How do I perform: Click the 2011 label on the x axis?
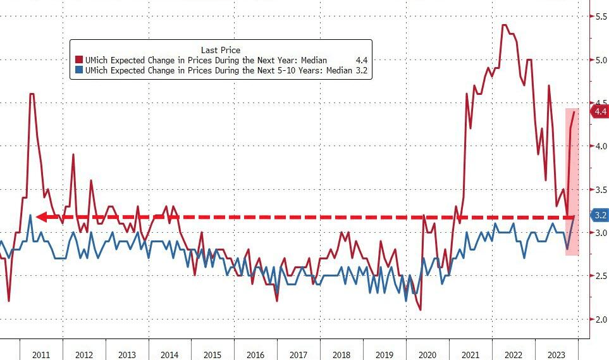point(41,354)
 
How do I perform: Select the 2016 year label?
point(255,354)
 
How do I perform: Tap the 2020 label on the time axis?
point(428,354)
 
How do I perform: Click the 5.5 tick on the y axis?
point(600,16)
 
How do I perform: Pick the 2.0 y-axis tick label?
point(600,319)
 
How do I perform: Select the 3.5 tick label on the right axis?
point(600,189)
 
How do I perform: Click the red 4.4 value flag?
point(599,112)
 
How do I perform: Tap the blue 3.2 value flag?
point(600,216)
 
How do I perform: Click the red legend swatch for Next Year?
point(78,60)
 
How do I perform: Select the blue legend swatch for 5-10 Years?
point(78,71)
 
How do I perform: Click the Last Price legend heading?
point(220,49)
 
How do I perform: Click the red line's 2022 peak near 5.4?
point(504,25)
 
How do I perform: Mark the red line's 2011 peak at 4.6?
point(32,94)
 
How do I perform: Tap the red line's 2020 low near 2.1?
point(420,310)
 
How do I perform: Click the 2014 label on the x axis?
point(169,354)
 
